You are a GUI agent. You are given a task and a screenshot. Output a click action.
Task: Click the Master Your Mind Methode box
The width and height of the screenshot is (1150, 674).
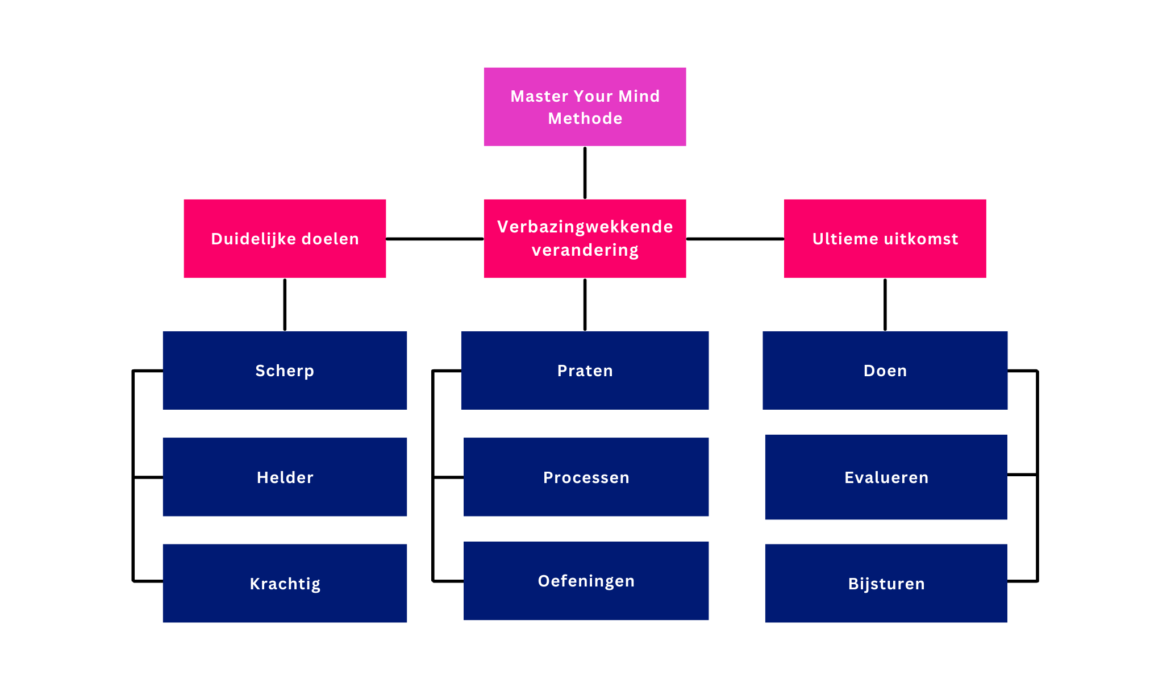tap(585, 106)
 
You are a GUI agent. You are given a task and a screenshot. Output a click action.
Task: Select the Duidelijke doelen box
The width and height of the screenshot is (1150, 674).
tap(285, 238)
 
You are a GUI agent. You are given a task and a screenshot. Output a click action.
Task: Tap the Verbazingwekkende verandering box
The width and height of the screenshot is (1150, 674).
tap(585, 238)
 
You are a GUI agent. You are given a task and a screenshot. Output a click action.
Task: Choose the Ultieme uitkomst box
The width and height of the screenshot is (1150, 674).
tap(885, 238)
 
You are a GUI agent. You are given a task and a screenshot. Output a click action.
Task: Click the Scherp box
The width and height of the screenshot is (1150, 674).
tap(285, 370)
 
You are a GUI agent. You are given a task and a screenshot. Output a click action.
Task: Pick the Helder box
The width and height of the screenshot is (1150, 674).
tap(285, 477)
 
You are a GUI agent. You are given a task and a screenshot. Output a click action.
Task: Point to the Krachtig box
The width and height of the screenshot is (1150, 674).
tap(285, 583)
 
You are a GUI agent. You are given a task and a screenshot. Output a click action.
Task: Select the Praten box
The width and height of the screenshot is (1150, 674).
tap(585, 370)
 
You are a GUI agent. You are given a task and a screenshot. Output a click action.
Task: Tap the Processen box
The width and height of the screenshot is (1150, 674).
tap(586, 477)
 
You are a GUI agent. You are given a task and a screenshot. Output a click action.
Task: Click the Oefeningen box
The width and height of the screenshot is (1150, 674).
tap(586, 580)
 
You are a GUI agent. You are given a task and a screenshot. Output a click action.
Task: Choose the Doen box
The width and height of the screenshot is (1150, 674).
tap(885, 370)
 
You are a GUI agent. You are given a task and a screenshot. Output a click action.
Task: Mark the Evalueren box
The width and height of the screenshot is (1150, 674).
tap(886, 477)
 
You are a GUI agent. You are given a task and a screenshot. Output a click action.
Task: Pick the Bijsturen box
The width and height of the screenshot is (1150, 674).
tap(886, 583)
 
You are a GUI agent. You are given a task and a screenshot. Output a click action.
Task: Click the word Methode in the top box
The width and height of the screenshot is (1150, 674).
tap(585, 118)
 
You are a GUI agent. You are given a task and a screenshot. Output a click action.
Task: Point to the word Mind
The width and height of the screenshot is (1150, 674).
tap(639, 96)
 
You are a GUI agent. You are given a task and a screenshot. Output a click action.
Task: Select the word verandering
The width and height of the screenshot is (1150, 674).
tap(585, 250)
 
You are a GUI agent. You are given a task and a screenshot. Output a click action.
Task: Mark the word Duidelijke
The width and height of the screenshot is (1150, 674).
tap(253, 239)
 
